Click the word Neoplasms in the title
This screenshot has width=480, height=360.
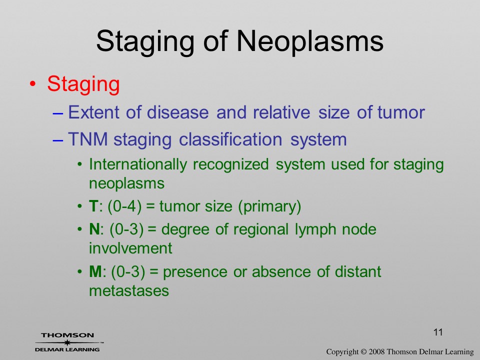[x=310, y=42]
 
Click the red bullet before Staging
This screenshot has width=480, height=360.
[x=33, y=84]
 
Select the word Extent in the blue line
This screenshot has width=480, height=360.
[x=94, y=112]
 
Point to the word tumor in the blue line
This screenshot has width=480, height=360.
[x=401, y=112]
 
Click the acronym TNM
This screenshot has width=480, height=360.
[x=88, y=139]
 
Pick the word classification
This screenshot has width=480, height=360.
[x=230, y=139]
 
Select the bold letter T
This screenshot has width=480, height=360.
[x=93, y=206]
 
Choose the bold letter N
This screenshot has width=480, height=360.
[x=94, y=229]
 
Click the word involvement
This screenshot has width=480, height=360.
[x=130, y=248]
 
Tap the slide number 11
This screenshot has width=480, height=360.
[x=438, y=332]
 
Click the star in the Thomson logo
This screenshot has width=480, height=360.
[x=66, y=342]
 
